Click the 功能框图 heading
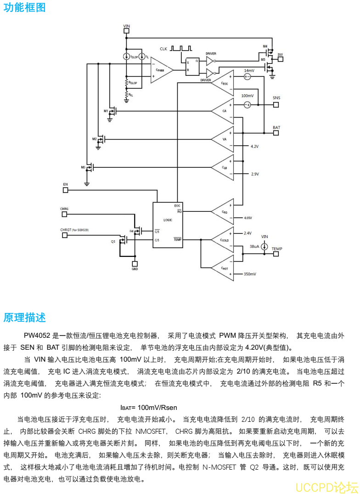tap(25, 8)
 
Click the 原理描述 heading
tap(25, 318)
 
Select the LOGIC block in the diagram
tap(167, 220)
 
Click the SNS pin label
tap(276, 98)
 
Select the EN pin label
tap(65, 184)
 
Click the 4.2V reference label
tap(255, 146)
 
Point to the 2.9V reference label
tap(255, 174)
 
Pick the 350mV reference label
tap(250, 274)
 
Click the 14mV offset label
tap(248, 70)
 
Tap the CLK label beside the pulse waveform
tap(164, 48)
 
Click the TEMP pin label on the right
tap(277, 249)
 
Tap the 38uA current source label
tap(254, 246)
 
